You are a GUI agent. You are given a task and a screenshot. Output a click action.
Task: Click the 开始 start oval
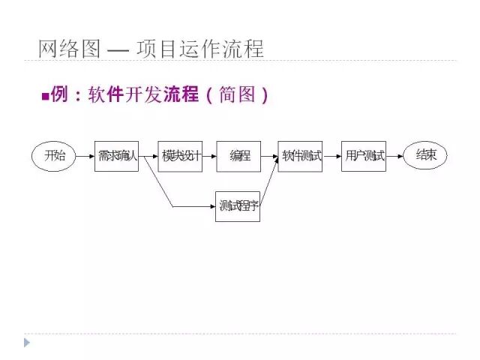point(55,156)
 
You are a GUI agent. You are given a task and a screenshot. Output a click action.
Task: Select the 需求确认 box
point(116,156)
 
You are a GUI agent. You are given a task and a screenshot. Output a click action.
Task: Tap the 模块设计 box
point(180,156)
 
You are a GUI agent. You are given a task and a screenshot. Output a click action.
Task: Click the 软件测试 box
point(300,156)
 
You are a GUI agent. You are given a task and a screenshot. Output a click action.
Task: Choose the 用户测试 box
point(364,156)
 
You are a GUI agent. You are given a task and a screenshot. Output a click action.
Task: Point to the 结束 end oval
point(425,156)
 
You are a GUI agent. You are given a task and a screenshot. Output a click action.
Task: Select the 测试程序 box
point(238,205)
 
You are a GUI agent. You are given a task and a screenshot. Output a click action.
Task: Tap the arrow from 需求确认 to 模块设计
point(148,156)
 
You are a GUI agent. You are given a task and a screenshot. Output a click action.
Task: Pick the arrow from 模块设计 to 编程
point(209,156)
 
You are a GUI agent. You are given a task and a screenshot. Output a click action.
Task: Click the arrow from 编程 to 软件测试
point(269,156)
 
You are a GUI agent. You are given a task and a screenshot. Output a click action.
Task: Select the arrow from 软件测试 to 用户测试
point(331,156)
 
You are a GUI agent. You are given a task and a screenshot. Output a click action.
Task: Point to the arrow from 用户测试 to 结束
point(394,156)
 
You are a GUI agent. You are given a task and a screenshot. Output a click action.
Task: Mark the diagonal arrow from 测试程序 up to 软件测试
point(270,183)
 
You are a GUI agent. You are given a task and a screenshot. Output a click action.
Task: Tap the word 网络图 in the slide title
point(68,49)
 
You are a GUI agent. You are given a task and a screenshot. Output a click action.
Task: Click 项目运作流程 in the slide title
point(200,49)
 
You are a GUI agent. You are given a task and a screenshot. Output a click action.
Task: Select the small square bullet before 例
point(44,96)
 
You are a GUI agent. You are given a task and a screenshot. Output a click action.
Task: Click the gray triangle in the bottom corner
point(28,343)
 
